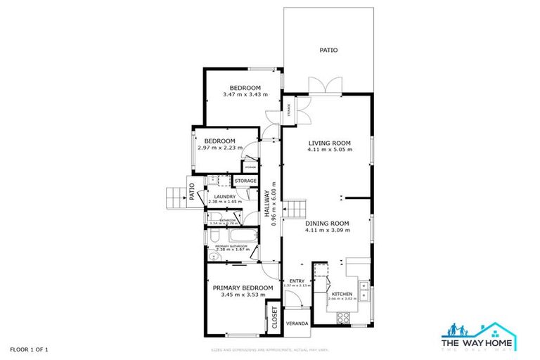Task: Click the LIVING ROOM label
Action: tap(330, 143)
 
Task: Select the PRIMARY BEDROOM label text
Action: tap(243, 288)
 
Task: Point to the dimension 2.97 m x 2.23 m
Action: tap(220, 148)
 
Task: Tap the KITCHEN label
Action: tap(342, 293)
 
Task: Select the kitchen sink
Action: tap(364, 288)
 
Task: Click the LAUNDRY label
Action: tap(225, 196)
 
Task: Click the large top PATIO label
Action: tap(328, 50)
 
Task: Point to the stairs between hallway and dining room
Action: tap(297, 208)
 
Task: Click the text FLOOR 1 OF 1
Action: tap(29, 349)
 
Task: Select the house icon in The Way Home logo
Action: tap(501, 329)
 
